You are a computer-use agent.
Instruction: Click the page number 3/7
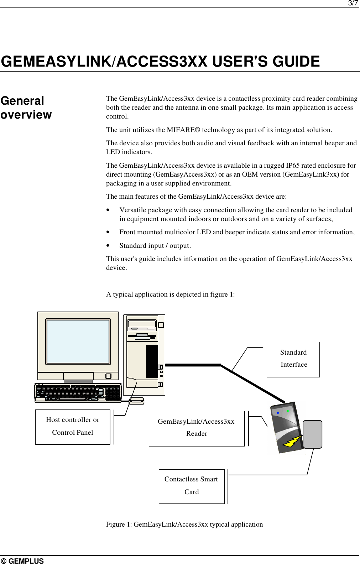click(353, 4)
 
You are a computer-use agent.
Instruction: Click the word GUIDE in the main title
click(296, 62)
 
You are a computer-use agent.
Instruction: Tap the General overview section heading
click(26, 108)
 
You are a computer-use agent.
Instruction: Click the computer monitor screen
click(78, 341)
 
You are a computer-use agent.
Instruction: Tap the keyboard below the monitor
click(78, 393)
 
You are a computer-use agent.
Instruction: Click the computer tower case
click(144, 355)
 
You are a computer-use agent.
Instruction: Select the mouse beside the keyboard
click(136, 401)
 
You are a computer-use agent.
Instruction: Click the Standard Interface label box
click(293, 359)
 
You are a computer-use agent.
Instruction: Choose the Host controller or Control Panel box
click(73, 426)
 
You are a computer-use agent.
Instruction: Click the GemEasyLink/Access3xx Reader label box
click(197, 428)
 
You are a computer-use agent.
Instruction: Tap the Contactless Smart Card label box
click(192, 486)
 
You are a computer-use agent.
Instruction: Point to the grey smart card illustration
click(312, 434)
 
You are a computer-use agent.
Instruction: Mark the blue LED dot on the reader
click(278, 413)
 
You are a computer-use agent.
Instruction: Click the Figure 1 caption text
click(184, 524)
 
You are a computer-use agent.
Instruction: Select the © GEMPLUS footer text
click(22, 561)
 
